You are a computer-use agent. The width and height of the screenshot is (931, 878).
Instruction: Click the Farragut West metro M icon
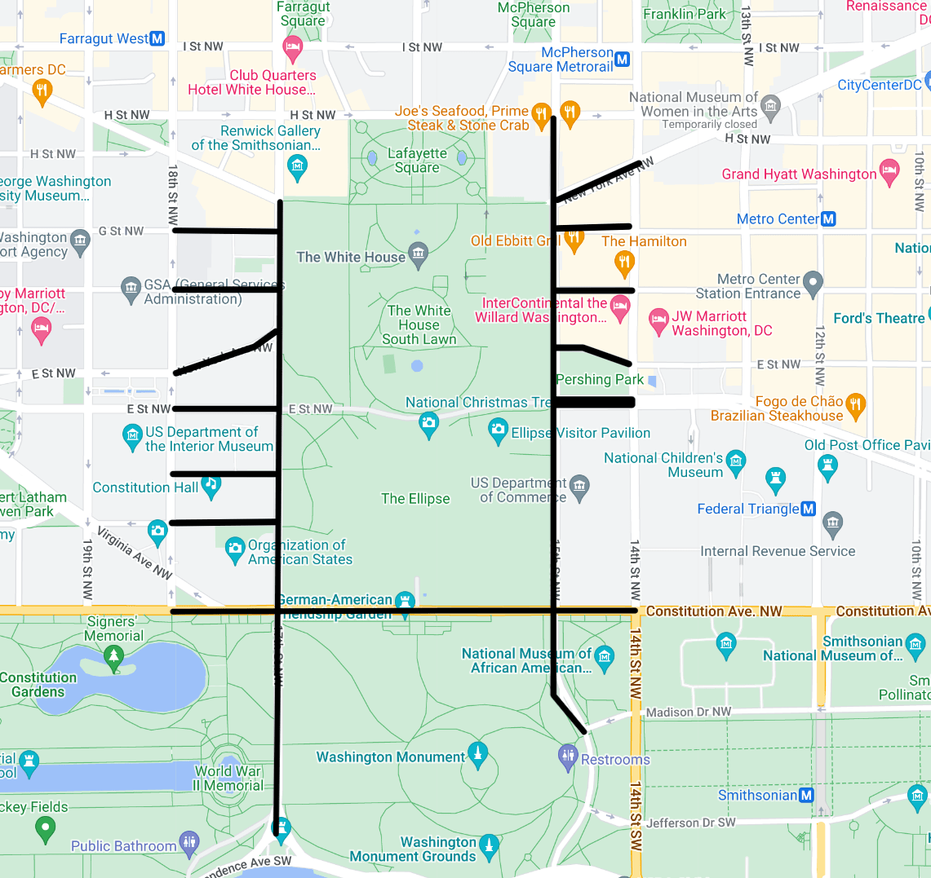tap(157, 38)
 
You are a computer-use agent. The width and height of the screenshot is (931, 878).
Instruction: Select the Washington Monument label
tap(390, 757)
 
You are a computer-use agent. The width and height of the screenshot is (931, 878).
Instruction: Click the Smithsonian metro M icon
tap(806, 795)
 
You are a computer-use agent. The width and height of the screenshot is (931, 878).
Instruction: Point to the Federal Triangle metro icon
tap(808, 509)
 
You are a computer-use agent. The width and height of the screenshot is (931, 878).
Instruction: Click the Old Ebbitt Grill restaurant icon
tap(574, 239)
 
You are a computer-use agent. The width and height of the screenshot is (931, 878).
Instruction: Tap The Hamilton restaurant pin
tap(624, 263)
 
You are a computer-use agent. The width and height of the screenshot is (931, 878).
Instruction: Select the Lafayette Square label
tap(417, 161)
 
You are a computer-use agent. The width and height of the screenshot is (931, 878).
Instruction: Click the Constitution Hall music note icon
tap(211, 485)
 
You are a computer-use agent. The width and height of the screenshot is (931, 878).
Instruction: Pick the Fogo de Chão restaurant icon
tap(855, 404)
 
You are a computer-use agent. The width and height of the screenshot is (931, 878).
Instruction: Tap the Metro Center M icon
tap(828, 218)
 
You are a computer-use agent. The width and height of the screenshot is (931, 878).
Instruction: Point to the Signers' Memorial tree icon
tap(114, 655)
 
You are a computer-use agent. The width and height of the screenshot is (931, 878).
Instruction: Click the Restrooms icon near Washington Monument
tap(568, 757)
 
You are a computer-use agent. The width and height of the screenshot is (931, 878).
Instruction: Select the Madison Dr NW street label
tap(688, 712)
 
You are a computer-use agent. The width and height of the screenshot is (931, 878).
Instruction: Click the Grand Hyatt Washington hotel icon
tap(889, 172)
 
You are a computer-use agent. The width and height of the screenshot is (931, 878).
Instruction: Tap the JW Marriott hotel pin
tap(658, 321)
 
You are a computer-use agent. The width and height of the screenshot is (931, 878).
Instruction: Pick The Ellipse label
tap(415, 499)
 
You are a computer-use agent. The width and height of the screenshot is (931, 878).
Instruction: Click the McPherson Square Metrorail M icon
tap(623, 59)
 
